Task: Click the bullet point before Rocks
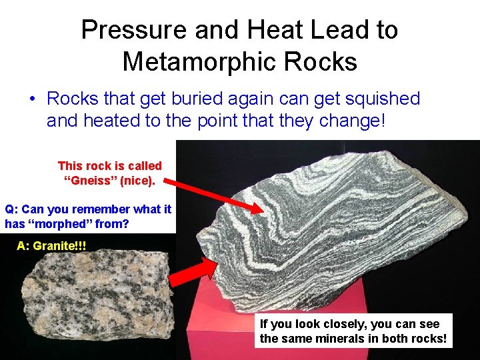pyautogui.click(x=32, y=99)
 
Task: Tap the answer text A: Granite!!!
pyautogui.click(x=51, y=246)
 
